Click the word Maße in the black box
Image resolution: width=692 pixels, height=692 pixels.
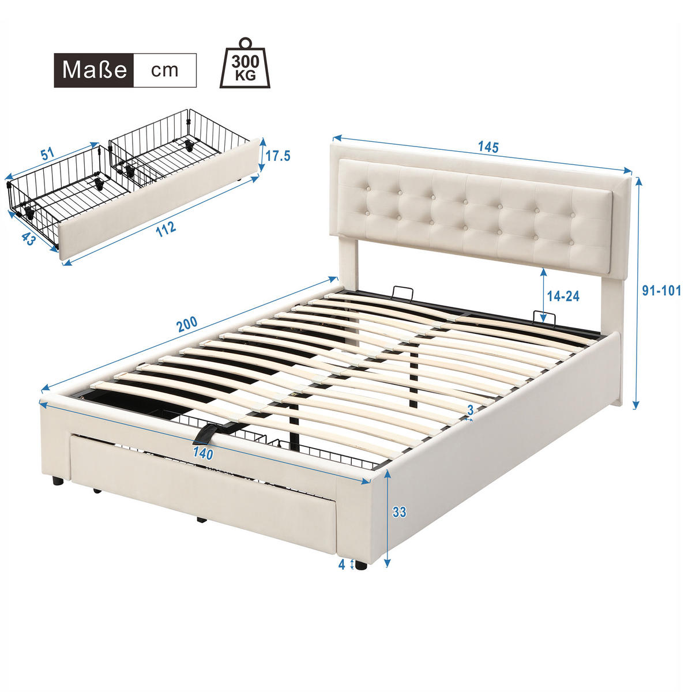94,70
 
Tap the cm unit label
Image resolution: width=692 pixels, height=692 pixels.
165,70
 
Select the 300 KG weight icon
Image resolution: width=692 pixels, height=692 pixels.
245,65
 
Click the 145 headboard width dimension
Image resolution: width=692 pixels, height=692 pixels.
488,147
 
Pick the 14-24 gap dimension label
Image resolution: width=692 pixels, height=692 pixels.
563,296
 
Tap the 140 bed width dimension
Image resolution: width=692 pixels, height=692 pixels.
203,454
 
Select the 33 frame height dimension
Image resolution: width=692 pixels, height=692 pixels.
399,512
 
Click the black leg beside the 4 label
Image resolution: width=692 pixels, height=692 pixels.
361,566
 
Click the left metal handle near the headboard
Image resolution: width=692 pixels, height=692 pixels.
402,292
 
